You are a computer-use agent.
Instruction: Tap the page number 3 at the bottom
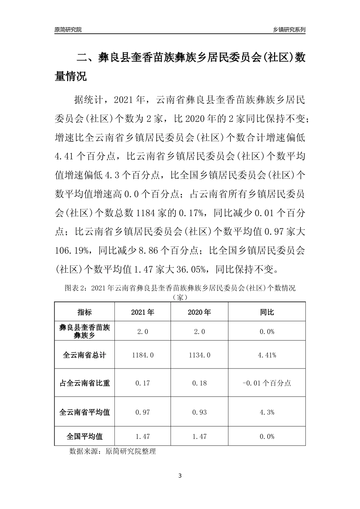[x=180, y=476]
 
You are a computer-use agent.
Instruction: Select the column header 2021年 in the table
[x=142, y=312]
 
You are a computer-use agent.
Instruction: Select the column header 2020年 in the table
[x=199, y=312]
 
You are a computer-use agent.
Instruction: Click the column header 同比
[x=267, y=312]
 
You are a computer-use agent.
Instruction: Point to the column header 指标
[x=85, y=312]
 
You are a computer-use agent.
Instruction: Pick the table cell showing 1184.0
[x=142, y=355]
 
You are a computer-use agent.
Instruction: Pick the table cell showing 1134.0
[x=199, y=355]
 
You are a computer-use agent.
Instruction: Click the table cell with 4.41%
[x=267, y=355]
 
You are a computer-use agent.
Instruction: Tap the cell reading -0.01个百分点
[x=267, y=383]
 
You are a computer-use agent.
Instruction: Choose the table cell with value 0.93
[x=199, y=412]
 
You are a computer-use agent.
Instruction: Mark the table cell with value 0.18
[x=199, y=383]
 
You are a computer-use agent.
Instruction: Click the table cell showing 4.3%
[x=267, y=412]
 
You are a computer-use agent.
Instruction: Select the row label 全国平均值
[x=85, y=436]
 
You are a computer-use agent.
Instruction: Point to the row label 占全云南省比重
[x=85, y=383]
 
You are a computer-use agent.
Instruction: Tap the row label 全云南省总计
[x=85, y=355]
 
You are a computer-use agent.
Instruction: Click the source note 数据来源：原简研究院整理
[x=113, y=451]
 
